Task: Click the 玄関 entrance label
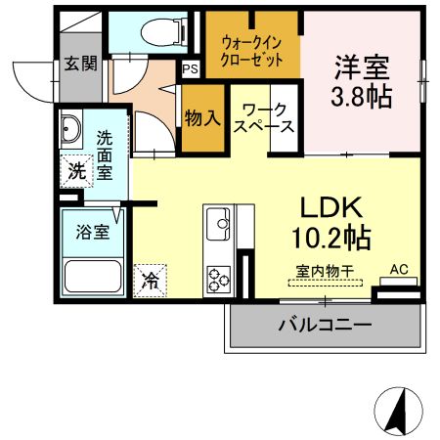pos(81,65)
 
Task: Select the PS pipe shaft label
pos(190,69)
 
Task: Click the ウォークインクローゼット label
pos(253,50)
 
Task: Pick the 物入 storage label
pos(201,117)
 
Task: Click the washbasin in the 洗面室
pos(72,129)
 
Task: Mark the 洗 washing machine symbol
pos(75,170)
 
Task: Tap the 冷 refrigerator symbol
pos(151,280)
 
